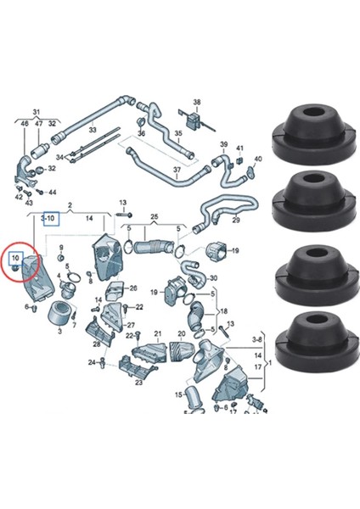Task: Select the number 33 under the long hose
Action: [92, 131]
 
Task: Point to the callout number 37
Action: [177, 171]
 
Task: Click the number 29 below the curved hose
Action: [237, 220]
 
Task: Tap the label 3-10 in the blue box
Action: [50, 218]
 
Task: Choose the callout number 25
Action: [154, 217]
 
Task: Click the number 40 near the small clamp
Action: [257, 159]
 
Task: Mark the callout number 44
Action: [53, 193]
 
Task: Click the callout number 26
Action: [132, 288]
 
